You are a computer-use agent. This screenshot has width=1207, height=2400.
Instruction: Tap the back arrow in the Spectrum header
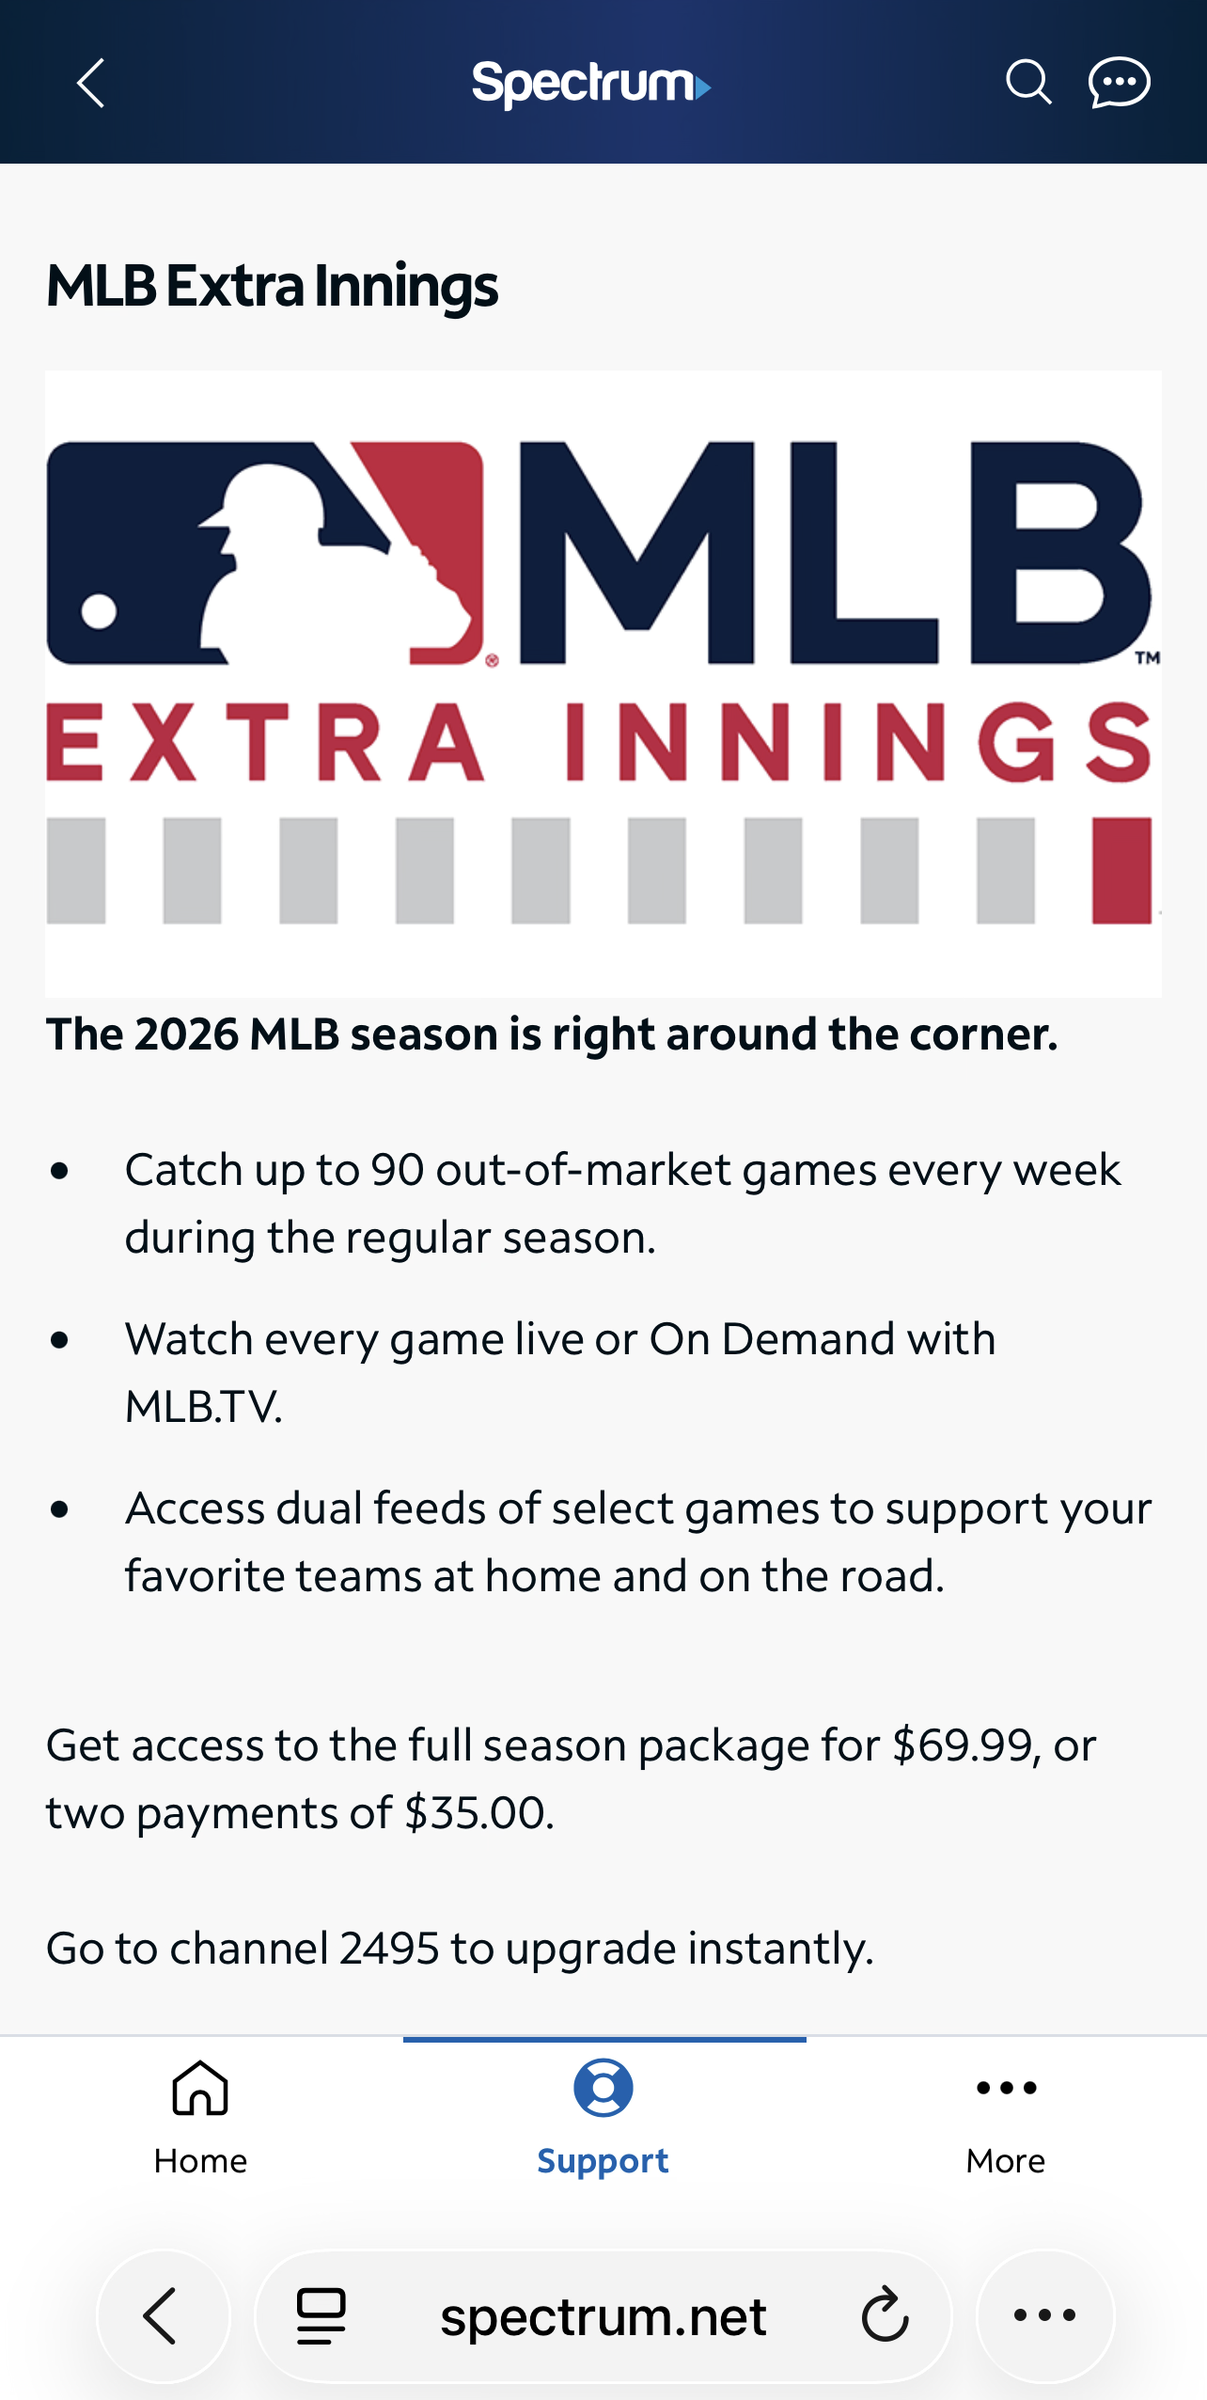90,84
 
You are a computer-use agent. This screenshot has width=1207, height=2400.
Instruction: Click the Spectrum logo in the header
591,85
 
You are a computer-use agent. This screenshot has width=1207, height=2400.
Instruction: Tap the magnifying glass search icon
1028,83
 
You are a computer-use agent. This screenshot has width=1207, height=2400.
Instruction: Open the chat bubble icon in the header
1119,83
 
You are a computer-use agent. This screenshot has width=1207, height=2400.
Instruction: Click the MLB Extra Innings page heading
272,286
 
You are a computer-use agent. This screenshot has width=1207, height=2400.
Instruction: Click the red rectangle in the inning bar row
1121,870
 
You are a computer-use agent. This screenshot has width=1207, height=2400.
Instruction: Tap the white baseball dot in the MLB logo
99,611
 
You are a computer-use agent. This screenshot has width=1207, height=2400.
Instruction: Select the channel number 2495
389,1949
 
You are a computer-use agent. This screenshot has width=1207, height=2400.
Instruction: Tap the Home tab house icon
200,2088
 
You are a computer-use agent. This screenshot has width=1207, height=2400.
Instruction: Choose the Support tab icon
603,2088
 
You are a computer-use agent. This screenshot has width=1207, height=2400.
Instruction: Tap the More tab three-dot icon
1006,2089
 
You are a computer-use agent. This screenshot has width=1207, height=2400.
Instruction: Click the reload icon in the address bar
885,2315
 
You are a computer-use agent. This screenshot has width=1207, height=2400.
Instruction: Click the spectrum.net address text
603,2317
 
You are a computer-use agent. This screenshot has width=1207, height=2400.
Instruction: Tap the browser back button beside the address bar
163,2316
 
